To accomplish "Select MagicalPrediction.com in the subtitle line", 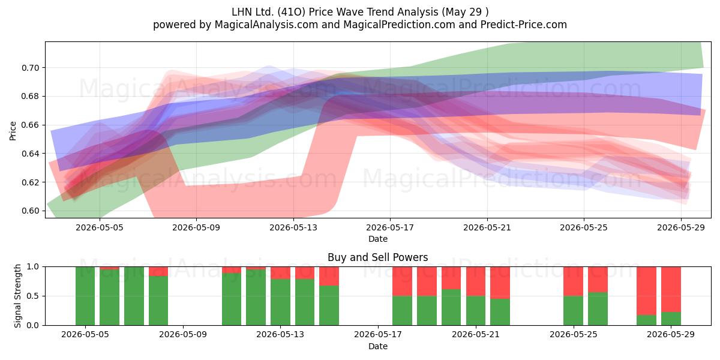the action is click(399, 25).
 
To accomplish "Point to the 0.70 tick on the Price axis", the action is click(31, 68).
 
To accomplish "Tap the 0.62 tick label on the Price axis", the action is click(31, 182).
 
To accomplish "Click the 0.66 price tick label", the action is click(31, 125).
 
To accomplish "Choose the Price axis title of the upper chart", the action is click(13, 131).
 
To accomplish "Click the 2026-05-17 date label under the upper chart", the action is click(390, 227).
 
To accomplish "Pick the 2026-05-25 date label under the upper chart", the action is click(584, 227).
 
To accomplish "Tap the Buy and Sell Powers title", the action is click(377, 257).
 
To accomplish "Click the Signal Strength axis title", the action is click(17, 296).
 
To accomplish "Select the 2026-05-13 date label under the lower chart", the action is click(280, 335).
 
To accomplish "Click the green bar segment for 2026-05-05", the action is click(85, 296).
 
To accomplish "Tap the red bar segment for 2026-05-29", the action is click(671, 289).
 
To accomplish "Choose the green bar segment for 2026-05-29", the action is click(671, 319).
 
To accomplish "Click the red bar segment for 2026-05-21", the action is click(476, 281).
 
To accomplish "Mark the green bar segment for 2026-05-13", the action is click(280, 302).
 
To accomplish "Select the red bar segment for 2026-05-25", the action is click(573, 281).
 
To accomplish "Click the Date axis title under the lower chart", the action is click(377, 347).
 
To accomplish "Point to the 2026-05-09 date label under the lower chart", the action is click(183, 335).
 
